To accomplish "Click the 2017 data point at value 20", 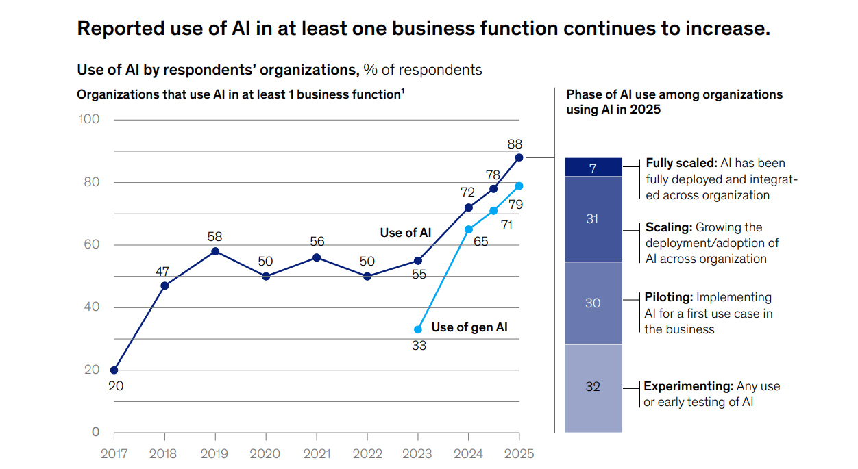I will coord(114,370).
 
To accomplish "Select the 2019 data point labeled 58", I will coord(215,251).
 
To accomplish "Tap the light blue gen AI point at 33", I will coord(418,329).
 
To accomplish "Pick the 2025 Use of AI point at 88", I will coord(519,157).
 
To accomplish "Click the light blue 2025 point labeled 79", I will coord(519,186).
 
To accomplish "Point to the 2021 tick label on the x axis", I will coord(316,453).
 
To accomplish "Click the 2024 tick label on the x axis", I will coord(468,453).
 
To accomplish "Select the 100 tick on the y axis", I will coord(89,119).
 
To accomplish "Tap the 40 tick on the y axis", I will coord(90,307).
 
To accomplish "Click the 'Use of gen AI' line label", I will coord(469,327).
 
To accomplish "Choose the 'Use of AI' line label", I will coord(406,233).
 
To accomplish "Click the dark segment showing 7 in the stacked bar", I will coord(593,168).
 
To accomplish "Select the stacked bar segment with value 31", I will coord(593,219).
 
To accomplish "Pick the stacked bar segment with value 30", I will coord(593,303).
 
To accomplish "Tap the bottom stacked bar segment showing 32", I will coord(593,388).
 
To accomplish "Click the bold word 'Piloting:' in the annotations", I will coord(669,297).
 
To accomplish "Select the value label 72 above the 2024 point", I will coord(468,192).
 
